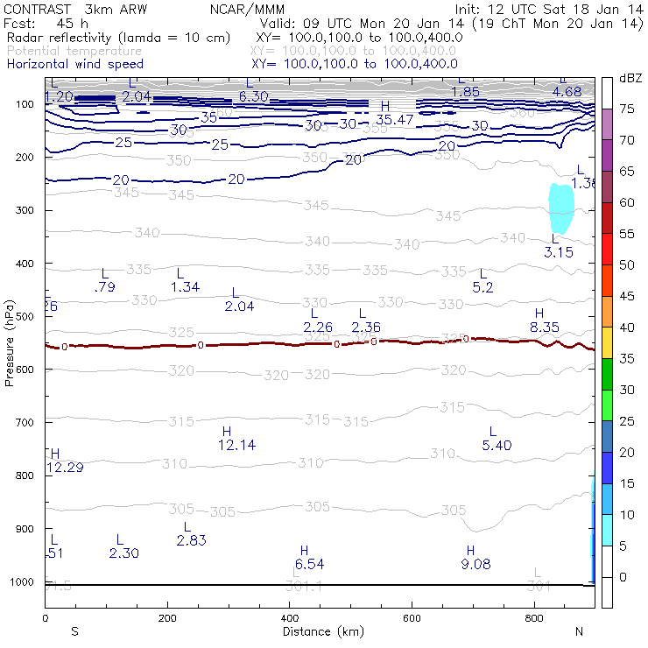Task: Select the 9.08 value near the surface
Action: coord(475,564)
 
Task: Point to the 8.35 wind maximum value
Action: coord(544,327)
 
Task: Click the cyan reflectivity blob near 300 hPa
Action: coord(560,208)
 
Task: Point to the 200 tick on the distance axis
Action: coord(167,618)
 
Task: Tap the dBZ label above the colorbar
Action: coord(630,78)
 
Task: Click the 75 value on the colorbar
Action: coord(627,109)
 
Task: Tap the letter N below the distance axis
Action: coord(579,631)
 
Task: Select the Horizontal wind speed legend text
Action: coord(75,65)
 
